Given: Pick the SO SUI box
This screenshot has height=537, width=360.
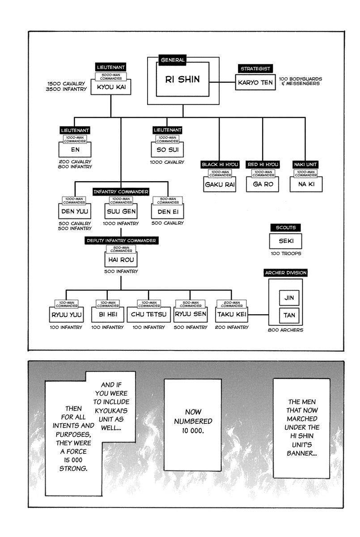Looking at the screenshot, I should tap(167, 150).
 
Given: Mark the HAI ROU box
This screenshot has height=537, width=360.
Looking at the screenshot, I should tap(120, 260).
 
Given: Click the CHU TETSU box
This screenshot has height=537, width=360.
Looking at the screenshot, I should tap(149, 315).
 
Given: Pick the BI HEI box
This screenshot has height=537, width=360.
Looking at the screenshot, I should tap(107, 315).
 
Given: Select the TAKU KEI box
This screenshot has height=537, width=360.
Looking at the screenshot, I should tap(232, 315).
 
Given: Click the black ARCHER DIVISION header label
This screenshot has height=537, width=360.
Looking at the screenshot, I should tap(285, 273).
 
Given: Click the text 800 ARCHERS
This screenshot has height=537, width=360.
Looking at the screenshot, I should tap(285, 330).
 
